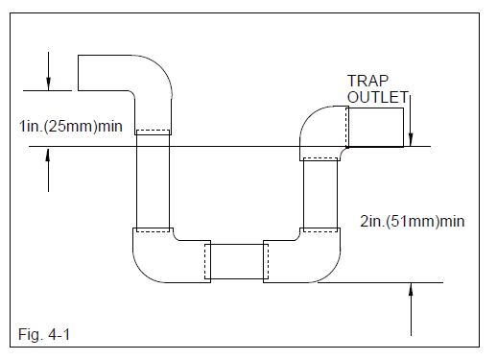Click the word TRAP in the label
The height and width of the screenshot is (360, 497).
point(367,83)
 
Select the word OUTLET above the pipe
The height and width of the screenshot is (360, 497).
point(376,98)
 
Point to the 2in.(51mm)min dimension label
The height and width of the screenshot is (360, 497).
point(410,222)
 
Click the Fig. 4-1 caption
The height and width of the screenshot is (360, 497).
point(45,334)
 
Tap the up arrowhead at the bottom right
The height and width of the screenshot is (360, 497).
point(410,290)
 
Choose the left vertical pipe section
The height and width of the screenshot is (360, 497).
point(153,182)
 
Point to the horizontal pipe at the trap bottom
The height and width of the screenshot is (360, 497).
point(236,262)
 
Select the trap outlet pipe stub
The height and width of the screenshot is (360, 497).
point(375,127)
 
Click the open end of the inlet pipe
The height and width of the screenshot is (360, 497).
point(79,72)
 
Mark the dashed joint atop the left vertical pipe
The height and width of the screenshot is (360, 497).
point(153,132)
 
